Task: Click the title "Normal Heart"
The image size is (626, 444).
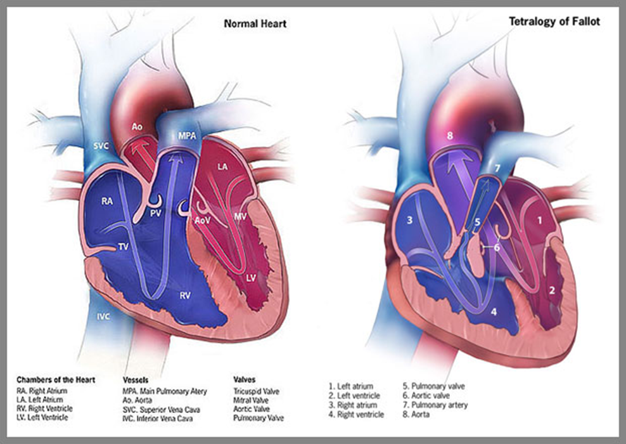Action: pyautogui.click(x=255, y=23)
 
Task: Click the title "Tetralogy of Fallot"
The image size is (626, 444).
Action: pyautogui.click(x=554, y=21)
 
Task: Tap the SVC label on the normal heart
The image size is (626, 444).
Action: pyautogui.click(x=101, y=146)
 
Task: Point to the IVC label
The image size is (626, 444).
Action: pyautogui.click(x=103, y=317)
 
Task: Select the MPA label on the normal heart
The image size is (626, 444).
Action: pyautogui.click(x=188, y=136)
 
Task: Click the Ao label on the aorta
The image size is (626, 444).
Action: pyautogui.click(x=137, y=127)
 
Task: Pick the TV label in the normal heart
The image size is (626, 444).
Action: pyautogui.click(x=124, y=247)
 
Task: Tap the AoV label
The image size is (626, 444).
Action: pyautogui.click(x=202, y=220)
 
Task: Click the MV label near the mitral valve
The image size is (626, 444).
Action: pyautogui.click(x=240, y=216)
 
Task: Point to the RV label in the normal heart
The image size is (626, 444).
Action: pyautogui.click(x=185, y=296)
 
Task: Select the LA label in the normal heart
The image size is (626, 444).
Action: pyautogui.click(x=223, y=166)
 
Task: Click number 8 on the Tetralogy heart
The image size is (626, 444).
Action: pyautogui.click(x=450, y=136)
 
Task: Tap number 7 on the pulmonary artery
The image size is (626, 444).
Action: pyautogui.click(x=497, y=168)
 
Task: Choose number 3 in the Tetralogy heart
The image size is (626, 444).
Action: pyautogui.click(x=409, y=220)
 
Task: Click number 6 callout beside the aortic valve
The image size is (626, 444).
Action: pyautogui.click(x=497, y=247)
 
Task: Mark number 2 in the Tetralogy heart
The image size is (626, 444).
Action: pyautogui.click(x=552, y=290)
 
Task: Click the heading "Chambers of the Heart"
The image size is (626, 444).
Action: pyautogui.click(x=56, y=380)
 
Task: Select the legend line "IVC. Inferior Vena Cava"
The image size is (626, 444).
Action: pyautogui.click(x=157, y=419)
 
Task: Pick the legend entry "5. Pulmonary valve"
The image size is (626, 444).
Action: pyautogui.click(x=433, y=386)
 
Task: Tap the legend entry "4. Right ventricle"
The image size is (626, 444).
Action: pyautogui.click(x=356, y=414)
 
